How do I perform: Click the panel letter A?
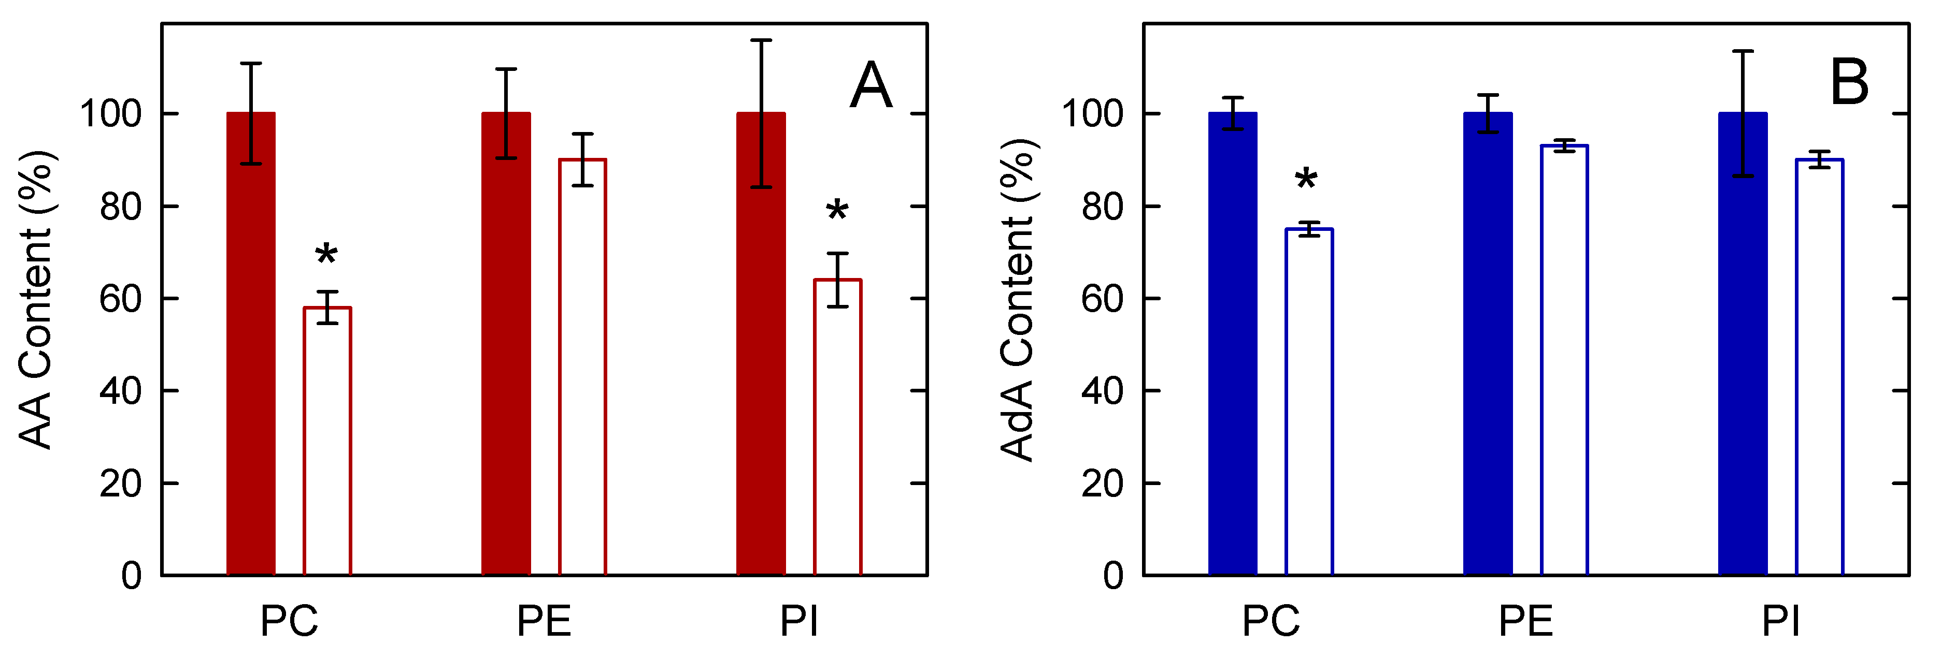point(871,85)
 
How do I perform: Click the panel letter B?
point(1849,82)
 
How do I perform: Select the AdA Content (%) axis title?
point(1018,300)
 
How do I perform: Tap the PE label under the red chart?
point(543,621)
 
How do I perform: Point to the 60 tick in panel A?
point(121,299)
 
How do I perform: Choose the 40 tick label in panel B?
point(1102,391)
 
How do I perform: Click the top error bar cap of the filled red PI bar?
point(761,40)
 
